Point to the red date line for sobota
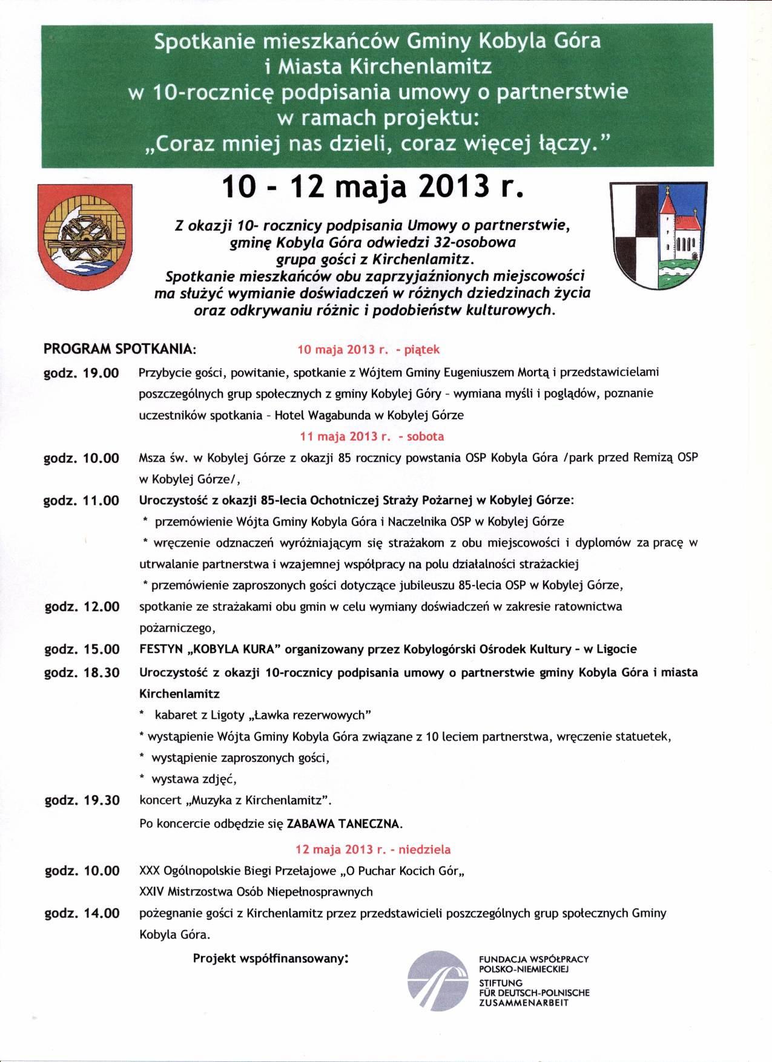(372, 436)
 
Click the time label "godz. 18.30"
(82, 672)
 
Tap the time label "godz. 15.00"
(82, 650)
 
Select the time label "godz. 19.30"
(82, 801)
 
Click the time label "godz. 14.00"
(82, 913)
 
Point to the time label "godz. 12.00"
(82, 607)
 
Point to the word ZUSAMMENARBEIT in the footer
(524, 1003)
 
